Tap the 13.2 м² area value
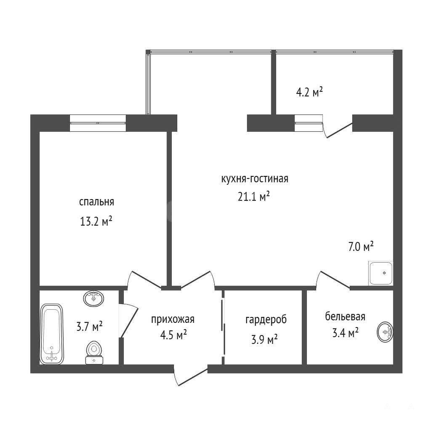[x=96, y=221]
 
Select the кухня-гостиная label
[x=255, y=178]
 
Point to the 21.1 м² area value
[x=253, y=197]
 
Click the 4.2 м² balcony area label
[x=309, y=92]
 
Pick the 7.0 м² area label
[x=361, y=247]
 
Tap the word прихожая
[x=173, y=319]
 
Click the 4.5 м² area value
[x=173, y=335]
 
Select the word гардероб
[x=266, y=320]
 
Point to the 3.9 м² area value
[x=264, y=339]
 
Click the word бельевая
[x=345, y=316]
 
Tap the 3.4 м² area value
[x=345, y=333]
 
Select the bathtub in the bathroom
[x=51, y=334]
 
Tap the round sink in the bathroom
[x=93, y=298]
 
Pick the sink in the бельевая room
[x=385, y=332]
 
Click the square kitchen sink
[x=380, y=273]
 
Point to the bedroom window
[x=98, y=123]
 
